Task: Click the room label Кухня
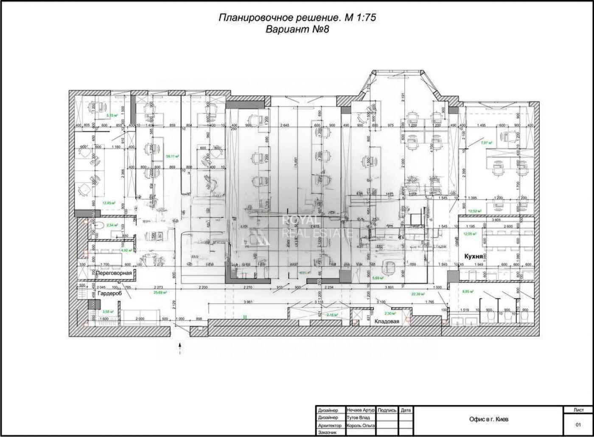[x=473, y=257]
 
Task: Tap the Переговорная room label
[x=113, y=274]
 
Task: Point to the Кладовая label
[x=387, y=321]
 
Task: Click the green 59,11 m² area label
[x=172, y=156]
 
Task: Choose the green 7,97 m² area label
[x=487, y=143]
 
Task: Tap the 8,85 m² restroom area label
[x=468, y=292]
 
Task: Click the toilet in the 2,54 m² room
[x=97, y=225]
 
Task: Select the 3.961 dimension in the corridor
[x=243, y=302]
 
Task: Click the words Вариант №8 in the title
[x=297, y=29]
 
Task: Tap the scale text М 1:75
[x=359, y=18]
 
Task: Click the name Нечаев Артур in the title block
[x=361, y=410]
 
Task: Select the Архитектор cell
[x=330, y=425]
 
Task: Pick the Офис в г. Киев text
[x=489, y=419]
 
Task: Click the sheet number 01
[x=578, y=424]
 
